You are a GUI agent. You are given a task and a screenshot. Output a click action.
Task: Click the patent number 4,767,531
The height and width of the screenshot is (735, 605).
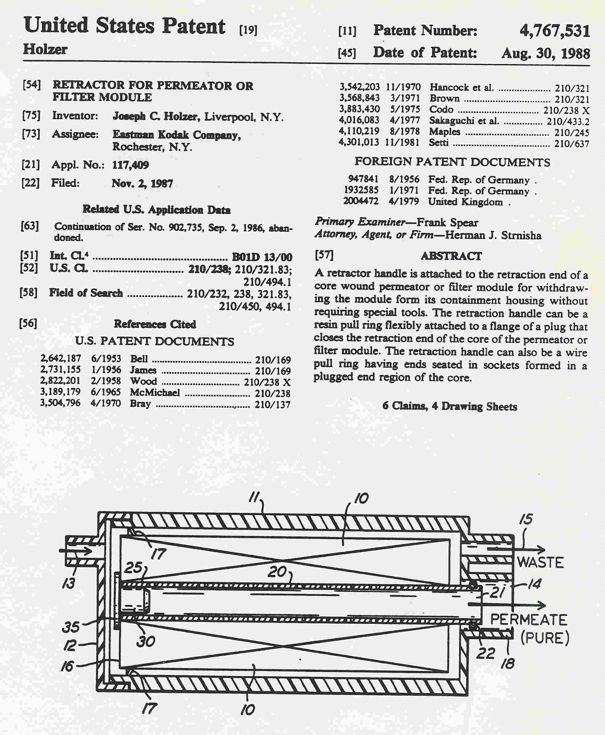[x=554, y=31]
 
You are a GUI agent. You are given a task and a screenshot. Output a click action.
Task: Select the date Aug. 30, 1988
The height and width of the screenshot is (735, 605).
[x=545, y=53]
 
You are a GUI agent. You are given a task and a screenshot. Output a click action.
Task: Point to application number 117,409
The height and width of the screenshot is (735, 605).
[x=130, y=165]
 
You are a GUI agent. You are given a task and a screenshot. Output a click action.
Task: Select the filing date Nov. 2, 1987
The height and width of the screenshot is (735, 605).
[x=142, y=183]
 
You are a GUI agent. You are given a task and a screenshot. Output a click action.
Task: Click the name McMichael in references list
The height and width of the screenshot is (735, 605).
[x=155, y=393]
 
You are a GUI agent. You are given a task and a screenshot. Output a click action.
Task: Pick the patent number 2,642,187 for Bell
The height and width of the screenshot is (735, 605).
[x=60, y=358]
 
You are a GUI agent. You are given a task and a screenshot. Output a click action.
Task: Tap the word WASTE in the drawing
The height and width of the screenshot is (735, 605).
[x=540, y=562]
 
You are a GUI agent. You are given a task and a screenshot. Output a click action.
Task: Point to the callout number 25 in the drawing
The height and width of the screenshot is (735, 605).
[x=133, y=568]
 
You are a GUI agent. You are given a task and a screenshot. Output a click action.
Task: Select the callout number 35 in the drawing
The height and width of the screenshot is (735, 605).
[x=71, y=627]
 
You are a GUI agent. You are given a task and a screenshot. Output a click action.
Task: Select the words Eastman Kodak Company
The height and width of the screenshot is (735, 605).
[x=176, y=134]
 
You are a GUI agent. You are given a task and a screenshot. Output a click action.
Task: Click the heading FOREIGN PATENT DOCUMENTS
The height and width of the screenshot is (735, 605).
[x=452, y=162]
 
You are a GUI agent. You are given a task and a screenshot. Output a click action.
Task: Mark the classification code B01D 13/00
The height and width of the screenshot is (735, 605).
[x=262, y=257]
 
